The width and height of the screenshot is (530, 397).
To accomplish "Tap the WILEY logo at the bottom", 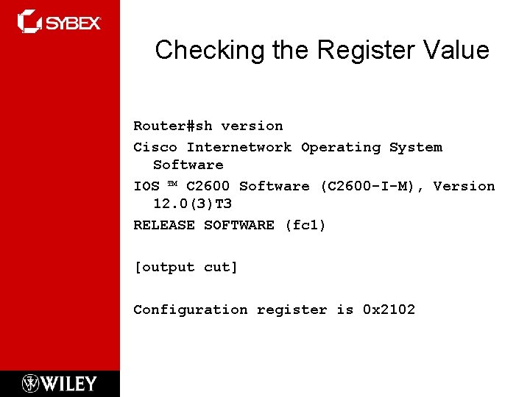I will pos(60,383).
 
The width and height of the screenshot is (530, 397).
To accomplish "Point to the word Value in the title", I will pos(457,50).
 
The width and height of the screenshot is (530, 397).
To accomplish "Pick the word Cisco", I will pos(155,147).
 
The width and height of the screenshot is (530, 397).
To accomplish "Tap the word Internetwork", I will pos(239,147).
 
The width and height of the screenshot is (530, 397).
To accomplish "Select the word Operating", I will pos(341,147).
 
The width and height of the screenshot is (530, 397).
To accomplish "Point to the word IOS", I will pos(146,186).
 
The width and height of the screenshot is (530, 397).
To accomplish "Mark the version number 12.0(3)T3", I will pos(192,204).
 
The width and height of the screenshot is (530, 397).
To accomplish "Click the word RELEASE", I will pos(163,225).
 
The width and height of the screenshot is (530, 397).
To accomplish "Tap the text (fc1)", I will pos(305,225).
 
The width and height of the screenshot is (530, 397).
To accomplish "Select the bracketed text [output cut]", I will pos(185,268).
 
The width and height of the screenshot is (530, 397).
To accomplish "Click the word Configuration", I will pos(190,310).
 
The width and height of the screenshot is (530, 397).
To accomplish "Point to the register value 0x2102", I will pos(389,310).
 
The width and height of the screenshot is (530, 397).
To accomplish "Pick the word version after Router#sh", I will pos(252,126).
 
